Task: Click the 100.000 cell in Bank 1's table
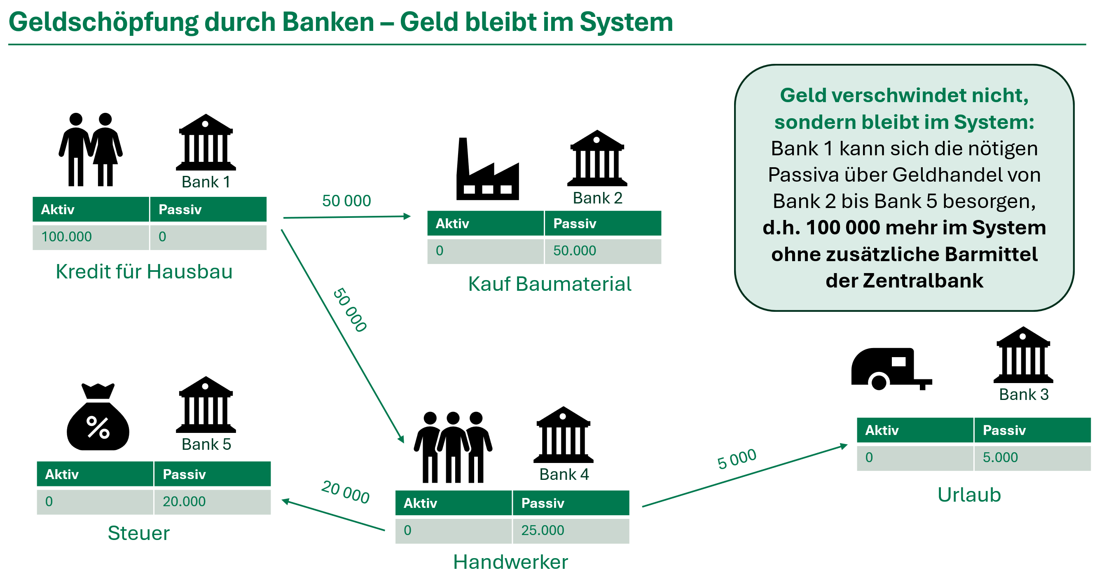(67, 236)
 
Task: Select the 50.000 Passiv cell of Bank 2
(574, 251)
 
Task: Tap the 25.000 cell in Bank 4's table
(543, 531)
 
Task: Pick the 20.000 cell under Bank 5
(184, 502)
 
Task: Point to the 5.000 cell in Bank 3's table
(1000, 458)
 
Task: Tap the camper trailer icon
(891, 369)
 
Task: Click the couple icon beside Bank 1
(91, 150)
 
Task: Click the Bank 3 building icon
(1023, 355)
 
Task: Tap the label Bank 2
(597, 199)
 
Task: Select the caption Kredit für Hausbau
(144, 272)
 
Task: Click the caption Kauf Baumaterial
(550, 284)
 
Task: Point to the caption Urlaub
(969, 495)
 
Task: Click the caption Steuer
(138, 533)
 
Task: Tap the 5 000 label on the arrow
(737, 459)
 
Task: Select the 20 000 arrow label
(346, 492)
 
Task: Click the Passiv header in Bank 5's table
(184, 474)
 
